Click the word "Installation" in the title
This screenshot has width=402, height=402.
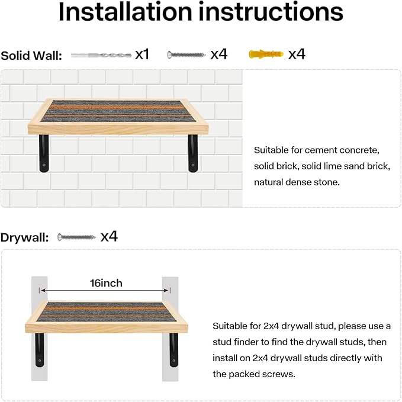pyautogui.click(x=126, y=12)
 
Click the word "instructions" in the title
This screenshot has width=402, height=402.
pyautogui.click(x=271, y=12)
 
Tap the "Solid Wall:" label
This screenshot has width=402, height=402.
pyautogui.click(x=31, y=56)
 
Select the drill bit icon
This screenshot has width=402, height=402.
pyautogui.click(x=101, y=55)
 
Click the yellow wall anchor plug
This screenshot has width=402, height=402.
pyautogui.click(x=266, y=54)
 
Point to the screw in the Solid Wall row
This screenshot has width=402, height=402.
pyautogui.click(x=186, y=54)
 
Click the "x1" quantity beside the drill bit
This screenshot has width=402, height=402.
pyautogui.click(x=142, y=54)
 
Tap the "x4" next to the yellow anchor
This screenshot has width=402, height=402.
pyautogui.click(x=297, y=54)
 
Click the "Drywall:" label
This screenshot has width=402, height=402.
pyautogui.click(x=25, y=237)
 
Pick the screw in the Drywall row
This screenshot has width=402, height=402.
pyautogui.click(x=76, y=237)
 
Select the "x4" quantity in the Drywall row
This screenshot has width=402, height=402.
pyautogui.click(x=109, y=236)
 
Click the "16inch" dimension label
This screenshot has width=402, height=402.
pyautogui.click(x=106, y=284)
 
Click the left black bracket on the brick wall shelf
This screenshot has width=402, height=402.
pyautogui.click(x=44, y=153)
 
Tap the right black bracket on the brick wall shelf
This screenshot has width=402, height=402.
pyautogui.click(x=193, y=153)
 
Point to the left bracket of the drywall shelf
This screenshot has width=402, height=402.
pyautogui.click(x=40, y=350)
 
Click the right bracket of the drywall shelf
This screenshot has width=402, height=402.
pyautogui.click(x=173, y=350)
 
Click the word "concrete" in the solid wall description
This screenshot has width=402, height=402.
pyautogui.click(x=359, y=150)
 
